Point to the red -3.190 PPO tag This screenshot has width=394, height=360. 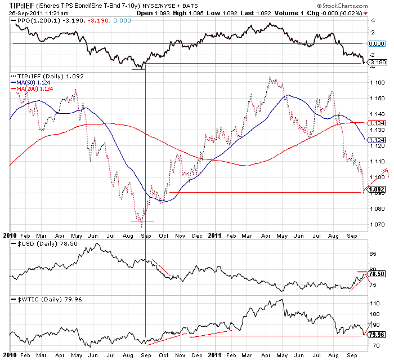[378, 62]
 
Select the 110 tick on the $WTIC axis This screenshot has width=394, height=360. [374, 303]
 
